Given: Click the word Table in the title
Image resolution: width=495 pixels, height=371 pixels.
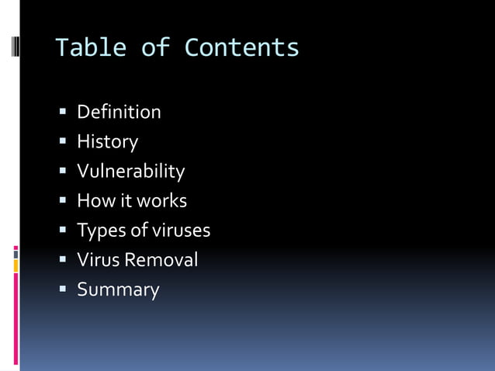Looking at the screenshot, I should (x=90, y=48).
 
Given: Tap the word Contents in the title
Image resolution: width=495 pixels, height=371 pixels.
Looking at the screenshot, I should (x=241, y=48).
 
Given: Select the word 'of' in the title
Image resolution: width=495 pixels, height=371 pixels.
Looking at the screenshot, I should (x=154, y=48).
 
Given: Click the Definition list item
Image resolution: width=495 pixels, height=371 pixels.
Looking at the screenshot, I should (x=119, y=112).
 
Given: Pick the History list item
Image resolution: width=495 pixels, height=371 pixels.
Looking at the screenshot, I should (x=107, y=142).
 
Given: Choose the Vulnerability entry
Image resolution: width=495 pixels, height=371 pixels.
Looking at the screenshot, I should (x=130, y=171).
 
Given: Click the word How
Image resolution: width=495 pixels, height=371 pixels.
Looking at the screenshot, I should (x=92, y=200).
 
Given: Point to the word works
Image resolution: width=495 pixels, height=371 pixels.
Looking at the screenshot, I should (x=162, y=200).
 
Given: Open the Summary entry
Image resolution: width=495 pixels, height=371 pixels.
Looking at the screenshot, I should (x=118, y=290).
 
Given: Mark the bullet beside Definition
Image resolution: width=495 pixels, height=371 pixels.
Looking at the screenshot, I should (x=64, y=113).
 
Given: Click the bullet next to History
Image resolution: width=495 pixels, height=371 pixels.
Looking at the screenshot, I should (x=64, y=142).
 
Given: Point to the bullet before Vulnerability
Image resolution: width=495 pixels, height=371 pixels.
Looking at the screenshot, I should (x=64, y=172).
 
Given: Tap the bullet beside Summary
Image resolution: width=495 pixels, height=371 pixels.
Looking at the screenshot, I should (x=64, y=290).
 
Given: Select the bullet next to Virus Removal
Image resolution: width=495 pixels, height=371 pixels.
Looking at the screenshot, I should (x=64, y=260).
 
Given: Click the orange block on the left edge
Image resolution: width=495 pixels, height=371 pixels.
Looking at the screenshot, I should (x=16, y=266).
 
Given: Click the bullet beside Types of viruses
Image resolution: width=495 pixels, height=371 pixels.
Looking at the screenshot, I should (x=64, y=231).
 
